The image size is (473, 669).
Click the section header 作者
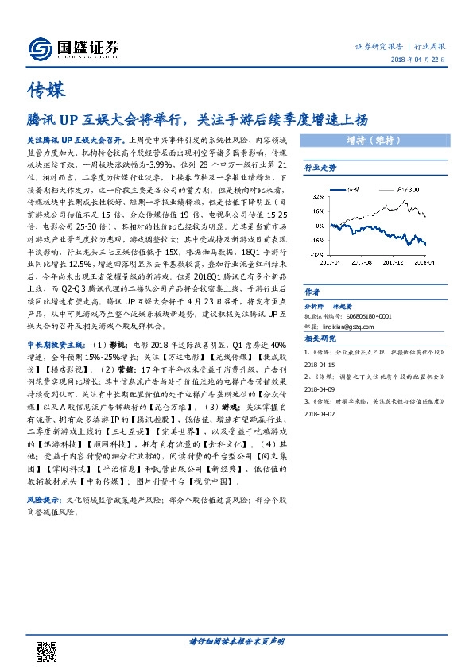[x=312, y=291]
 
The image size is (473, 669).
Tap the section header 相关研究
[x=320, y=338]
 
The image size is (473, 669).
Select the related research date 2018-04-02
[x=322, y=413]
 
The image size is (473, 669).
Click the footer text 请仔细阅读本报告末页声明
[x=236, y=640]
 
